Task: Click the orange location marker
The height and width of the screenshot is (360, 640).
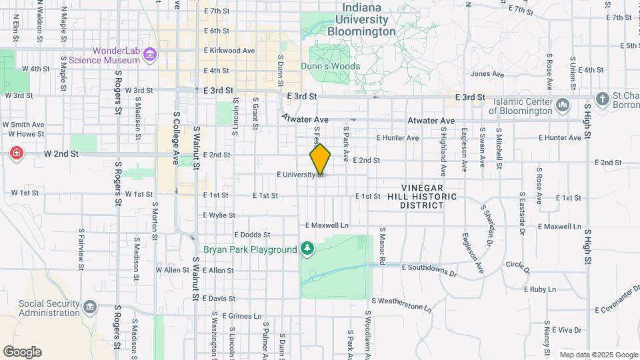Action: click(320, 159)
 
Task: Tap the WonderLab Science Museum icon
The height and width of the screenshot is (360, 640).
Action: click(150, 55)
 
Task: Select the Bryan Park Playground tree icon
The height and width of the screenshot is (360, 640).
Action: click(307, 249)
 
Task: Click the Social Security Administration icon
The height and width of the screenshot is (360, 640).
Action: click(90, 307)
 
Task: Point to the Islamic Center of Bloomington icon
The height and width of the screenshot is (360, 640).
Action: click(563, 105)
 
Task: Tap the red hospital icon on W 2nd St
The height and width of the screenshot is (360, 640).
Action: click(16, 154)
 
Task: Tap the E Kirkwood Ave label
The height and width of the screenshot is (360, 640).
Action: click(230, 51)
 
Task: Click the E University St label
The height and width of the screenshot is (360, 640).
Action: click(300, 175)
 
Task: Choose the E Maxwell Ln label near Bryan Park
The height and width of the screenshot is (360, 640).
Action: click(327, 226)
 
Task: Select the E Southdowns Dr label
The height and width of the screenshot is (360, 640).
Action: click(429, 269)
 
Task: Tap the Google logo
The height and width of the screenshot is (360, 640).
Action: click(22, 351)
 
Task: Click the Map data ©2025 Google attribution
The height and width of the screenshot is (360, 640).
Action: click(598, 355)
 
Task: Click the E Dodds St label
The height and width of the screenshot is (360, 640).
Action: click(252, 235)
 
